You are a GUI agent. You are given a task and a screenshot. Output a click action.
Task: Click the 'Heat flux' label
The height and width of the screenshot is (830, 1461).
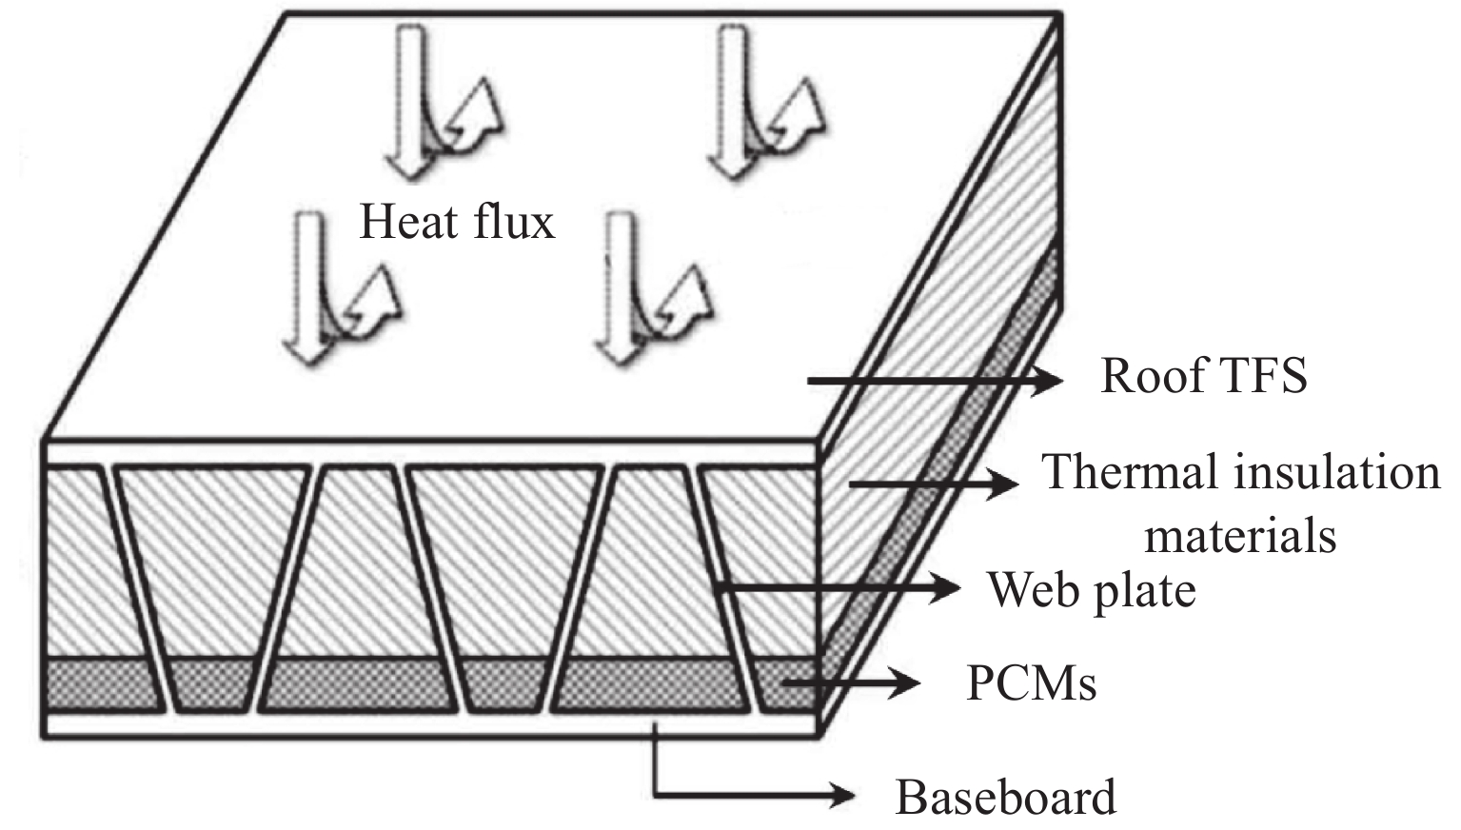[x=456, y=223]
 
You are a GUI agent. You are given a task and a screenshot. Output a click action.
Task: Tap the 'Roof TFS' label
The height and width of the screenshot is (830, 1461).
[x=1203, y=376]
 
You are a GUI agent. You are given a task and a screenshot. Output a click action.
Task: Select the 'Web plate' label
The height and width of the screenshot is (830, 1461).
[x=1091, y=590]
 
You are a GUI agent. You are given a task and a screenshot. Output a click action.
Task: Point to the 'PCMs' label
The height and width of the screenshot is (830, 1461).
[x=1031, y=683]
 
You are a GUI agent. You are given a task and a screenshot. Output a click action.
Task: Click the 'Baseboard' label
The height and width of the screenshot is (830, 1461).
[x=1005, y=798]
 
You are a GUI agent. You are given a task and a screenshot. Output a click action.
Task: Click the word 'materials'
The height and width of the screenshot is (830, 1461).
[x=1239, y=535]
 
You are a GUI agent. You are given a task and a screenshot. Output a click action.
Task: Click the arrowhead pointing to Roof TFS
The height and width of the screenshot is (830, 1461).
[x=1047, y=381]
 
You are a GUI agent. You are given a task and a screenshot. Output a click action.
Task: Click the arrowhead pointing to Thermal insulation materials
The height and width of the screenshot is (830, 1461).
[x=1005, y=484]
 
